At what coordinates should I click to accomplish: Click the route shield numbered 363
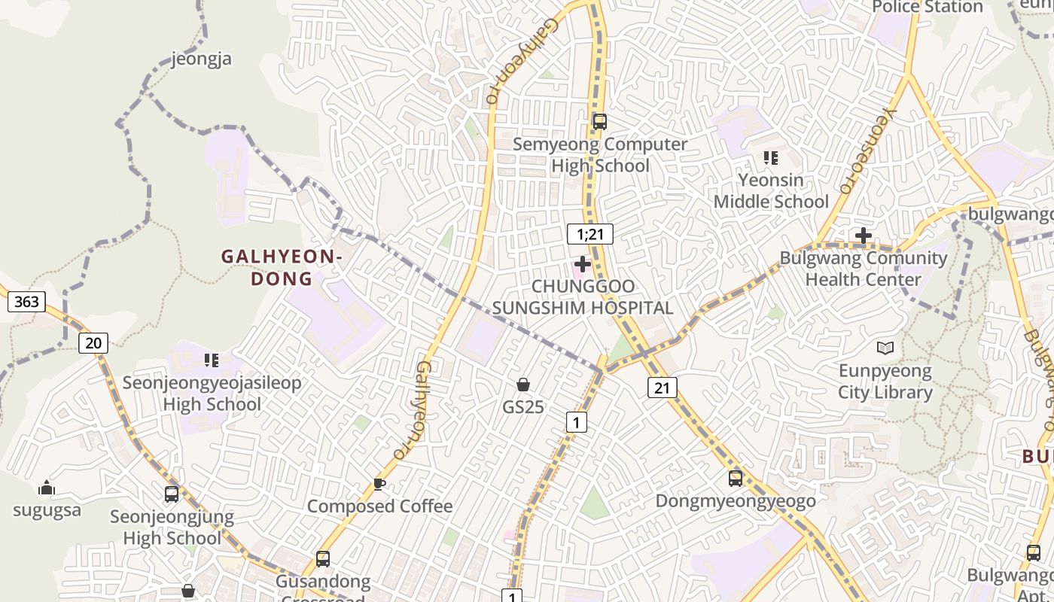point(26,302)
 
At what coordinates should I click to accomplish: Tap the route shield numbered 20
point(93,343)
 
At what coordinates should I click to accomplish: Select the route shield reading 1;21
point(590,234)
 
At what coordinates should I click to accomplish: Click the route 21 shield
point(662,388)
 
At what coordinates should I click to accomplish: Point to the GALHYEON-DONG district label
point(282,267)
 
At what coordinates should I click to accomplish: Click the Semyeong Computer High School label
point(600,155)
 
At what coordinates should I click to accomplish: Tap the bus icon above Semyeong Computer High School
point(599,121)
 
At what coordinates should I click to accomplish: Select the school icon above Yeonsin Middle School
point(770,158)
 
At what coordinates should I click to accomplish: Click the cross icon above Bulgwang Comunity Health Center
point(863,236)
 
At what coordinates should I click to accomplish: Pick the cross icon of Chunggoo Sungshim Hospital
point(582,264)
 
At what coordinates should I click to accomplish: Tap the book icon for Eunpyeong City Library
point(885,348)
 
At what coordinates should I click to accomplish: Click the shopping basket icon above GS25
point(523,385)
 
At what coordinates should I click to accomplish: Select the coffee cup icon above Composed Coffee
point(379,484)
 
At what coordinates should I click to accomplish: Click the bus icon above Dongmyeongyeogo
point(735,478)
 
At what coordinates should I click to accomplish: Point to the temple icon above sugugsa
point(47,488)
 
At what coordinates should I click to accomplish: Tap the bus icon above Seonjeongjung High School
point(172,494)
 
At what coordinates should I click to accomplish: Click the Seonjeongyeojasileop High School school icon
point(212,360)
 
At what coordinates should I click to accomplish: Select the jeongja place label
point(201,59)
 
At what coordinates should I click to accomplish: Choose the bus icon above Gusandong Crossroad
point(323,558)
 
